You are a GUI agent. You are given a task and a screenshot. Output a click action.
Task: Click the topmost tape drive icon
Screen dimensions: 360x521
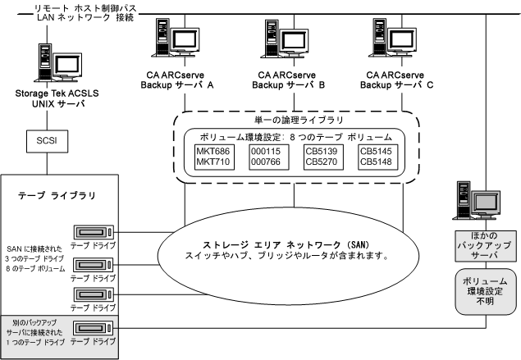click(x=93, y=233)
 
